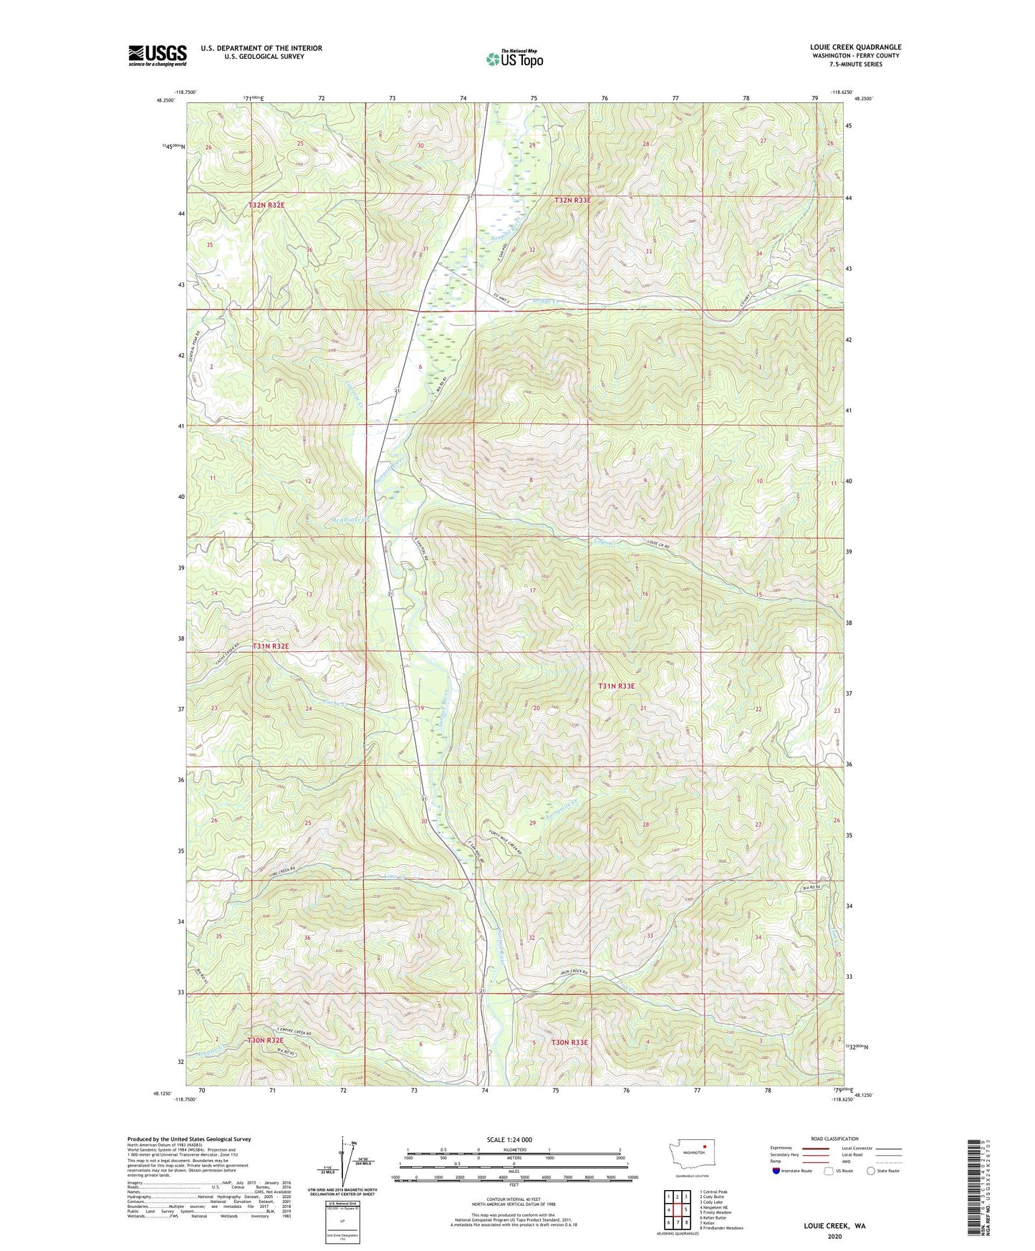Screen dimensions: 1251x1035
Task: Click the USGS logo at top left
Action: [x=158, y=55]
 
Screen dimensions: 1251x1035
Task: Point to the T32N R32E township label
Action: [x=266, y=205]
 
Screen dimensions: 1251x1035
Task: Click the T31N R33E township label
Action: [x=616, y=686]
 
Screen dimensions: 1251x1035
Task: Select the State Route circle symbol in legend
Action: [x=871, y=1171]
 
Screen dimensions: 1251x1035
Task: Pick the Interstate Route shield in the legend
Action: [x=776, y=1171]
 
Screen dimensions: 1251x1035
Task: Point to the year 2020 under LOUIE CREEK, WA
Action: [x=834, y=1236]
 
